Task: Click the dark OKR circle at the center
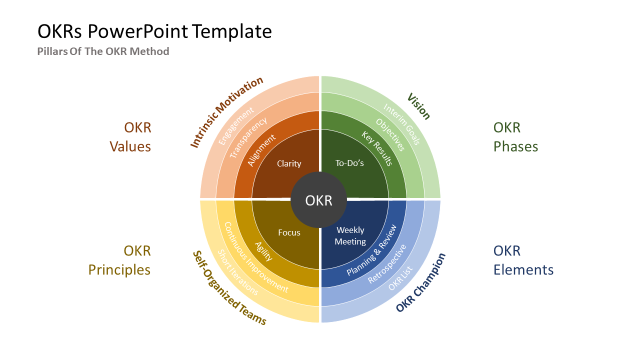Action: tap(319, 200)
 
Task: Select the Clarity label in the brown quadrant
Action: tap(289, 163)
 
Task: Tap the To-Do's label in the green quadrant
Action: tap(349, 163)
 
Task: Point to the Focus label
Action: tap(289, 232)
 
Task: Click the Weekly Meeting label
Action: tap(350, 235)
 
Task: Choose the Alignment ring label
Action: tap(261, 150)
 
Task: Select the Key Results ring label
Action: tap(377, 148)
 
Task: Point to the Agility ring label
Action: tap(263, 251)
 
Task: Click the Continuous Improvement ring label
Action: tap(255, 258)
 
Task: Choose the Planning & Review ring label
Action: tap(371, 250)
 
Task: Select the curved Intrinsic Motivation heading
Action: tap(226, 112)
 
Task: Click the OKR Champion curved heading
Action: tap(420, 283)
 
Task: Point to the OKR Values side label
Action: tap(130, 137)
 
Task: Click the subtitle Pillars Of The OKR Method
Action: tap(103, 51)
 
